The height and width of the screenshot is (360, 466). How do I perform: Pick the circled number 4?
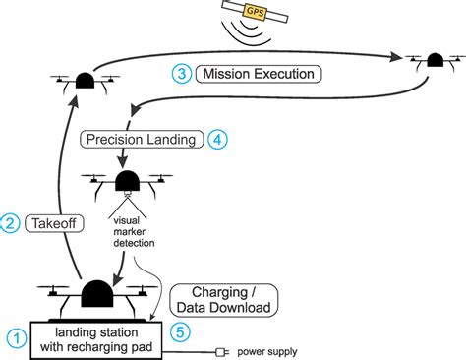(x=218, y=139)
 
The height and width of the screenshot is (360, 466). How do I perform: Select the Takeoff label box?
(x=47, y=222)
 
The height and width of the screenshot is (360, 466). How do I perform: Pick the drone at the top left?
(x=81, y=81)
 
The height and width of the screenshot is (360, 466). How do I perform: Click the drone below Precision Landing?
(x=127, y=184)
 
